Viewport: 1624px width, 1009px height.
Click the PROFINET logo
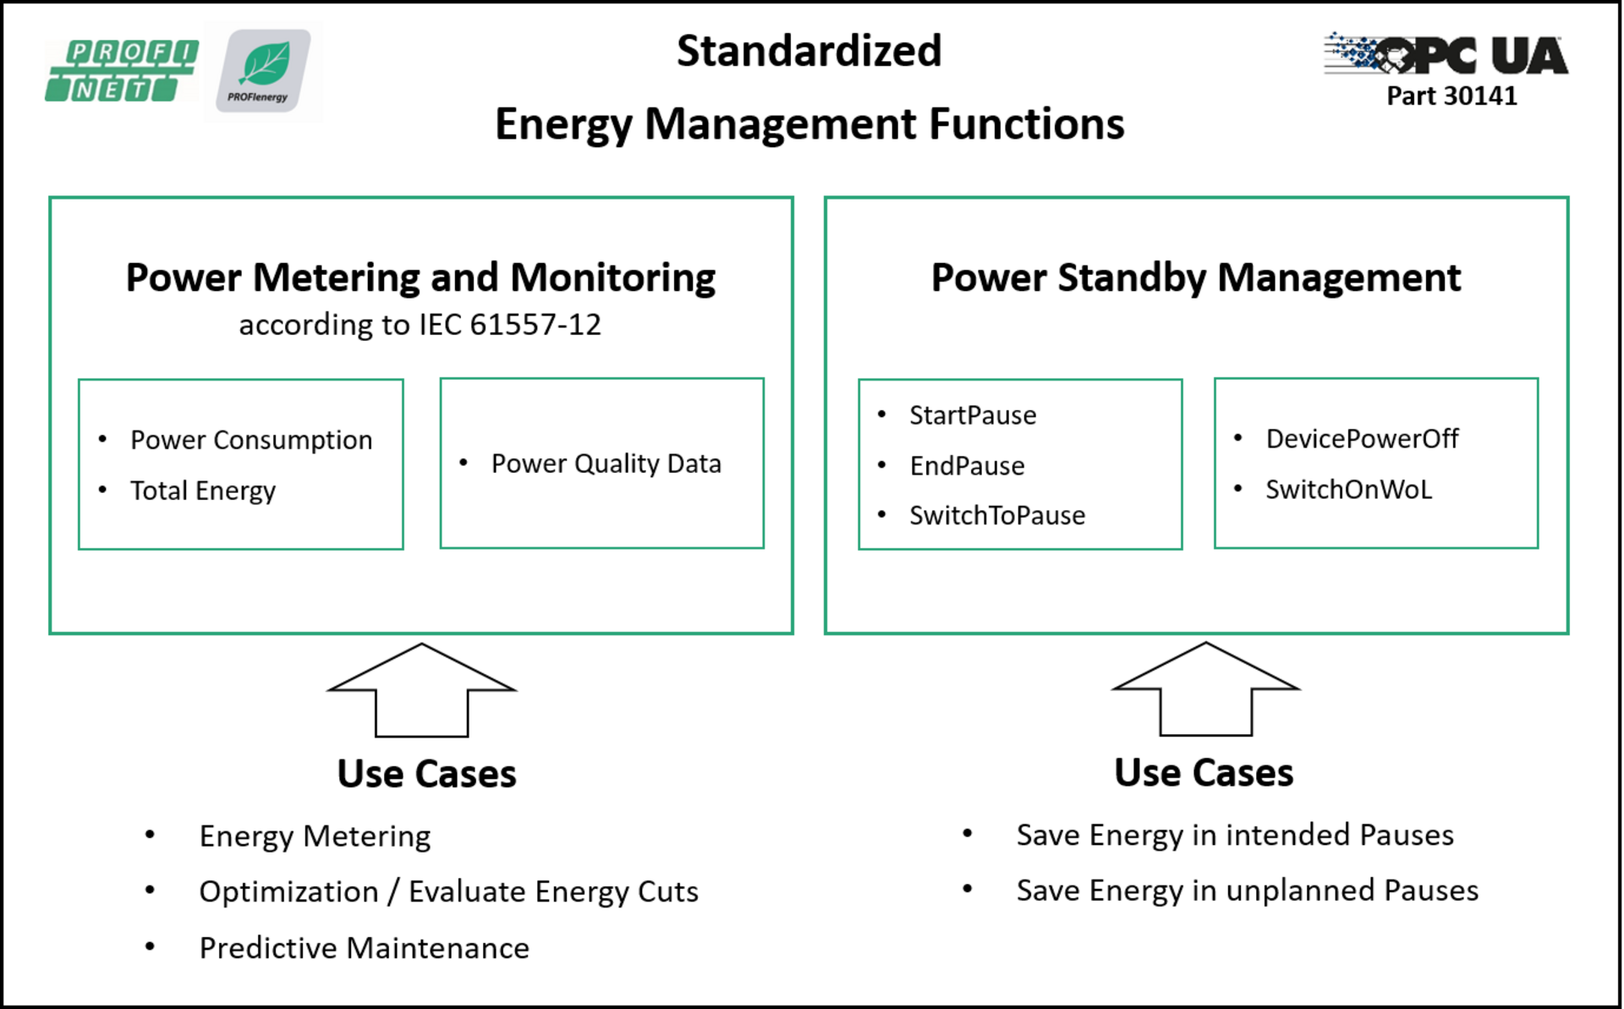coord(122,70)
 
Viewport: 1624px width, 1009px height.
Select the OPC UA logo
coord(1446,54)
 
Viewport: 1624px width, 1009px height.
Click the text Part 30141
coord(1451,96)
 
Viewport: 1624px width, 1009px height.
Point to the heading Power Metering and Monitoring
coord(420,278)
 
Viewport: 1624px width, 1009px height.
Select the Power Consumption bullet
coord(251,440)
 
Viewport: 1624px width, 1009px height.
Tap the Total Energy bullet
coord(203,491)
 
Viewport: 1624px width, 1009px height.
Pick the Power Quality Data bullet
coord(606,463)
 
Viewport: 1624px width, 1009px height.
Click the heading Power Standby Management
coord(1196,277)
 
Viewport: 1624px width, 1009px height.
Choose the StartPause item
coord(973,415)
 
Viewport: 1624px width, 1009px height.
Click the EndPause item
coord(967,465)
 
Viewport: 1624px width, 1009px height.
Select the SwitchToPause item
coord(997,515)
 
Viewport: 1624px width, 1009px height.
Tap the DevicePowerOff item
coord(1362,438)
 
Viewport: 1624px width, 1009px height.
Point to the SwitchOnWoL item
coord(1348,489)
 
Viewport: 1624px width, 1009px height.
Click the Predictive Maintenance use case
coord(365,948)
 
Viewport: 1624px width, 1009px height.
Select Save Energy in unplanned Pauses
coord(1248,891)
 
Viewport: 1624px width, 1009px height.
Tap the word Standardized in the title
coord(809,51)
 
